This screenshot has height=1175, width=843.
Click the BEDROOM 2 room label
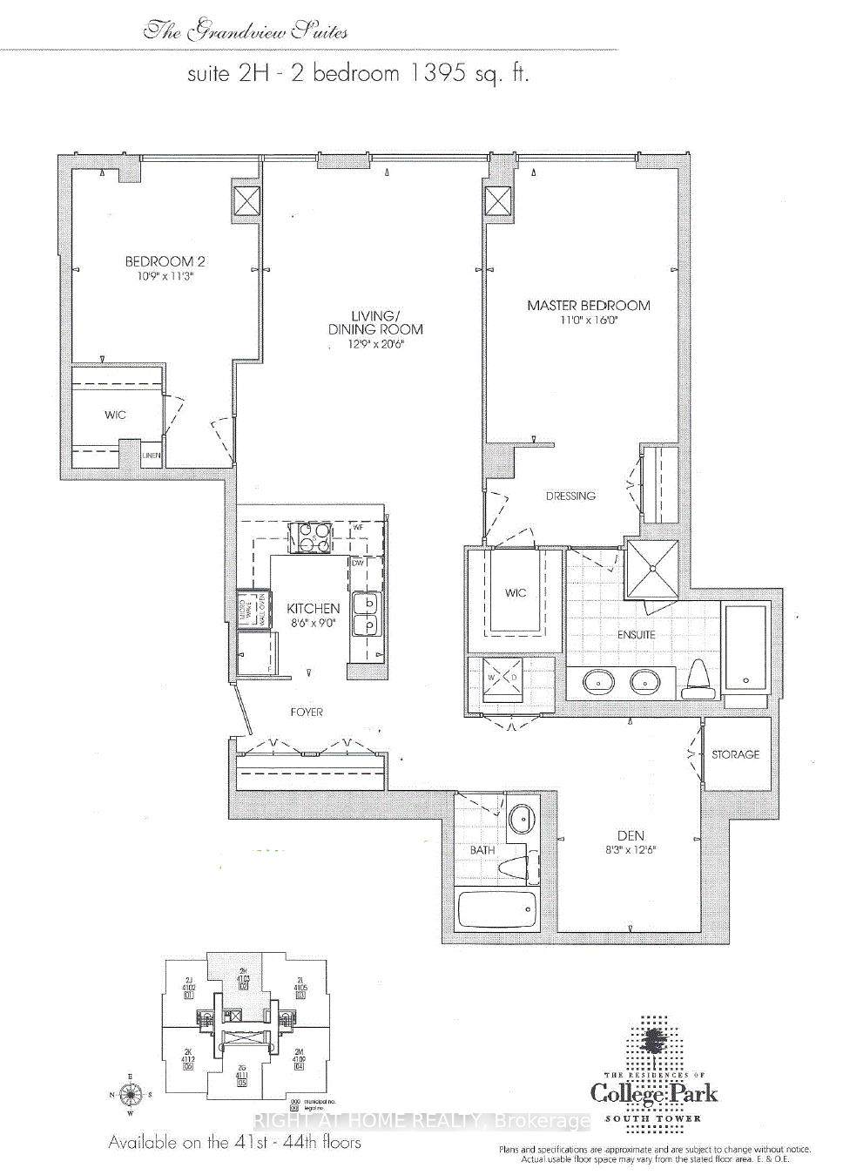coord(165,261)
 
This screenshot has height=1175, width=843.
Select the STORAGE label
coord(736,754)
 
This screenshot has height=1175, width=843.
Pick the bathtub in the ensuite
coord(745,645)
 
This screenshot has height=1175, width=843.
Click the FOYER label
coord(306,712)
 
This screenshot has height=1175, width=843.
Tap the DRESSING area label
coord(570,496)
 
